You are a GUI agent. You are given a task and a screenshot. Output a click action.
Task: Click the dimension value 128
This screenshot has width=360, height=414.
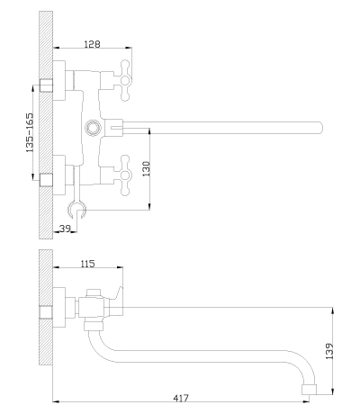coord(92,44)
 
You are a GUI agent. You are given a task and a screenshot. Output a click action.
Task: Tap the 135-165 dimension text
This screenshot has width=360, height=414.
coord(30,132)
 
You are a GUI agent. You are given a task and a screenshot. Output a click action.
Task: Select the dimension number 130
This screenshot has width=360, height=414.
coord(146,168)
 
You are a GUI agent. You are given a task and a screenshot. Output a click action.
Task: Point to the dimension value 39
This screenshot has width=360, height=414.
coord(65,229)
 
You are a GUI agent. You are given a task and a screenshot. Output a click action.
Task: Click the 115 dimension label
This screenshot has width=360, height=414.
coord(87,264)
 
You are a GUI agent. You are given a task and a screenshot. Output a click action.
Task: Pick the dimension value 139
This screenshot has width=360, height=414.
coord(329,351)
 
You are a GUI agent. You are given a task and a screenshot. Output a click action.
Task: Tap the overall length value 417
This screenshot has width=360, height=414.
coord(181,398)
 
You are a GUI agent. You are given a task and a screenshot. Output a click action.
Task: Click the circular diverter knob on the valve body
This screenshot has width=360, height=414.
coord(93,128)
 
